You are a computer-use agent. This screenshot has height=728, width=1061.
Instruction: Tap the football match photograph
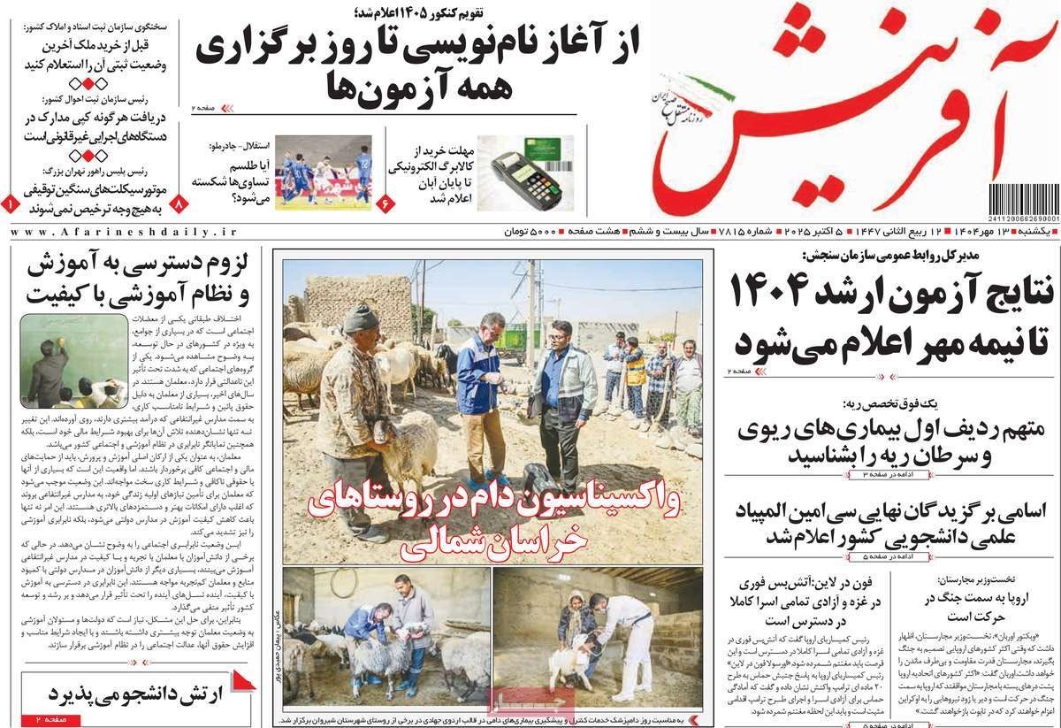pyautogui.click(x=322, y=172)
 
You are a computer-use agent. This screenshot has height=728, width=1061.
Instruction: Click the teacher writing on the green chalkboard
pyautogui.click(x=46, y=372)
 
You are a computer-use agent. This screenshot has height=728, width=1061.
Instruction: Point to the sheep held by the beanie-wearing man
pyautogui.click(x=402, y=451)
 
